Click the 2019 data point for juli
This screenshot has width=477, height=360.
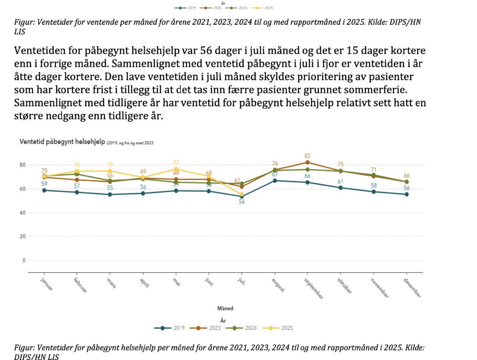(x=242, y=196)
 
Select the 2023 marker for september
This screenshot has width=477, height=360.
(x=308, y=162)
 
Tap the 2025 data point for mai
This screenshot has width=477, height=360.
(x=176, y=169)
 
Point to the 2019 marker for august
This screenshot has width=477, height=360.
(x=275, y=181)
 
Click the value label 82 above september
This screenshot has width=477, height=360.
(x=308, y=155)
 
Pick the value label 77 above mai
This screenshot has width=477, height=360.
(x=176, y=162)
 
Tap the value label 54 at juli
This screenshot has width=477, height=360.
(x=242, y=203)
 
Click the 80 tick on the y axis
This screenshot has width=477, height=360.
(x=22, y=165)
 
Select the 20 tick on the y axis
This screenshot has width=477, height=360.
(x=22, y=236)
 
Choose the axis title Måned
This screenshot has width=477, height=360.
(x=225, y=308)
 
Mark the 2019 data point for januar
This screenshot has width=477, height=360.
(x=44, y=191)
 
